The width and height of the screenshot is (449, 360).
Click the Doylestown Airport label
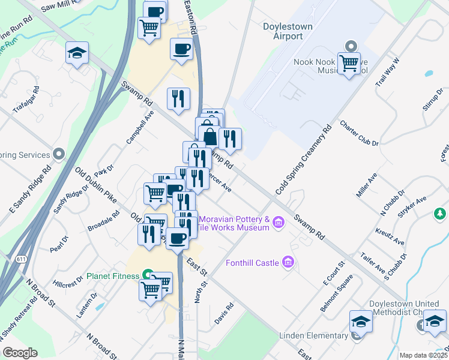283,31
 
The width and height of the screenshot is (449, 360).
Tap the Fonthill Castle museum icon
288,262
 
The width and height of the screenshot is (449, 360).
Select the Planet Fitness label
113,276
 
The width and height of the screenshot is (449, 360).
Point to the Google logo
20,353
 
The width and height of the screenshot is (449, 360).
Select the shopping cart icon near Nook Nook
349,63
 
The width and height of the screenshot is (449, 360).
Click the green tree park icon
441,214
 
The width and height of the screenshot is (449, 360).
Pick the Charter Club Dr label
359,134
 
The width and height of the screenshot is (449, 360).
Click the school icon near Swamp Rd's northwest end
77,53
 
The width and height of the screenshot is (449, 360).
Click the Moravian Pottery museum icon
278,223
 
